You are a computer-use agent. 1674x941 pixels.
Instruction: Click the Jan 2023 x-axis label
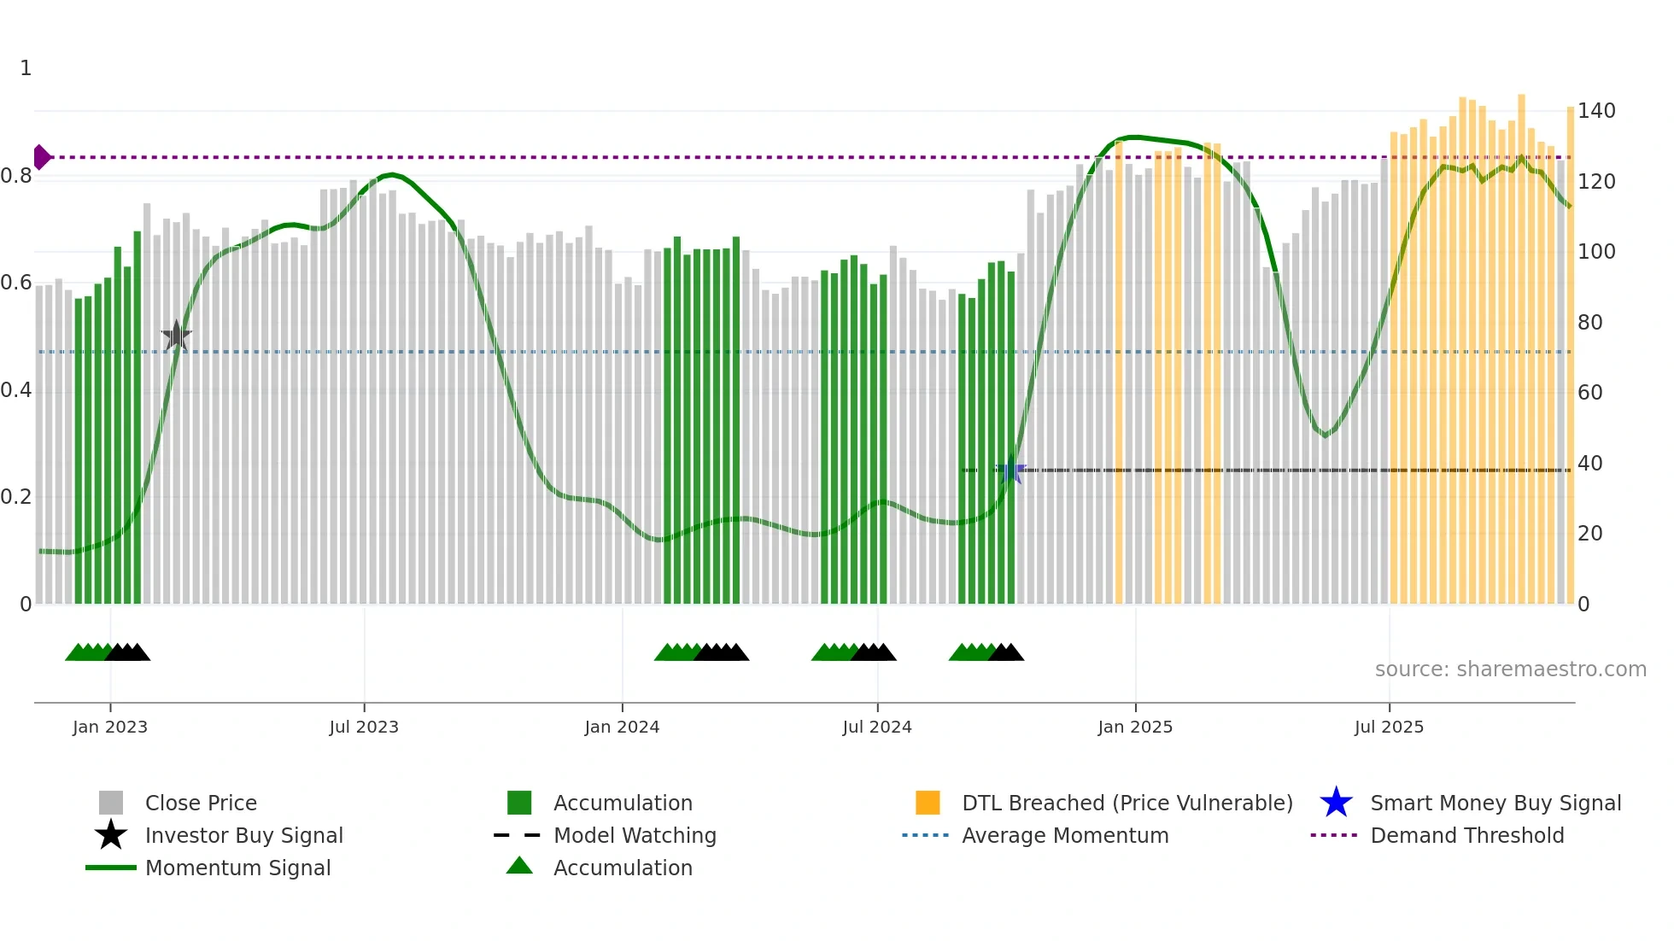coord(110,727)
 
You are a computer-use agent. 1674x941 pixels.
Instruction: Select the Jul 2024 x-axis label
coord(877,727)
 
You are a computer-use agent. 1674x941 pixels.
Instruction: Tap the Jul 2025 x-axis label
coord(1389,727)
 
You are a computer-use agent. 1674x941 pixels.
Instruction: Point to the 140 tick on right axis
coord(1596,111)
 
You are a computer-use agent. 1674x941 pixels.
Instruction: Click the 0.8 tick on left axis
coord(17,176)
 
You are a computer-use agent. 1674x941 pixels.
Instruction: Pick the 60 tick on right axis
coord(1590,393)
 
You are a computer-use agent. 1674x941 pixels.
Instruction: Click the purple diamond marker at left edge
coord(41,157)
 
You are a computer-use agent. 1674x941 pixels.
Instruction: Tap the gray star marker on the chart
coord(177,336)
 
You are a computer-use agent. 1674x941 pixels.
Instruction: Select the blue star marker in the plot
coord(1011,470)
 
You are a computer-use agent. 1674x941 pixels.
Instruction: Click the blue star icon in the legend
coord(1336,803)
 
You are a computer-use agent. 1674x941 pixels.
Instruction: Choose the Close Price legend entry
coord(201,803)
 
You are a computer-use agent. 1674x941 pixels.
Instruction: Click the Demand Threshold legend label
coord(1466,835)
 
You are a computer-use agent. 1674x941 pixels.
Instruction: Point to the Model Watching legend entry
coord(634,835)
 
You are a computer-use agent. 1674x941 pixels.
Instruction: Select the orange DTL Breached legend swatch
coord(928,803)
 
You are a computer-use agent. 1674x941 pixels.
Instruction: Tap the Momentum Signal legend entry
coord(237,868)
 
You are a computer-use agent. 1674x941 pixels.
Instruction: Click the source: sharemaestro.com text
coord(1510,669)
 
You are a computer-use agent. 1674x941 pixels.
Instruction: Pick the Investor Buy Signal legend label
coord(243,835)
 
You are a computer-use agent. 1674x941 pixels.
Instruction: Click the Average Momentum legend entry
coord(1064,835)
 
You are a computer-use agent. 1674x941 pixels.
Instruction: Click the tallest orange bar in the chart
coord(1521,342)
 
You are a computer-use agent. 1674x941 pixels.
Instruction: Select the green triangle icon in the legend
coord(519,866)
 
